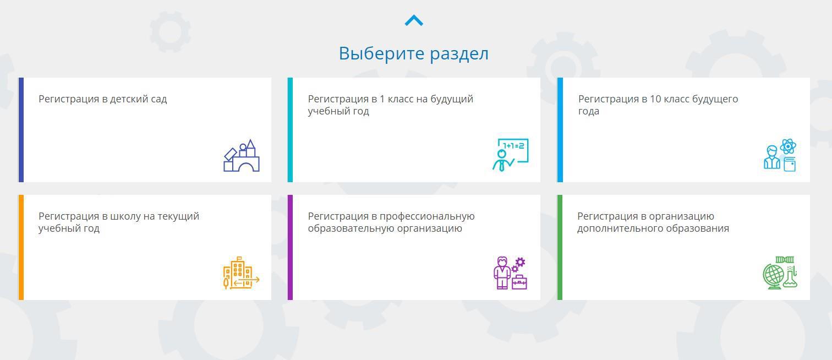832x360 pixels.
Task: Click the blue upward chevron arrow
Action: point(414,20)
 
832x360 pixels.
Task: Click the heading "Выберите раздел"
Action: point(413,53)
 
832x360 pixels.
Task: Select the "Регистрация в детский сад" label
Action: point(103,99)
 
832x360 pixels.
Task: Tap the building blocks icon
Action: point(242,155)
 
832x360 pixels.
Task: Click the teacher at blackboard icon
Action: point(510,155)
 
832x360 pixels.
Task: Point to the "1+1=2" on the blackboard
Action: point(513,146)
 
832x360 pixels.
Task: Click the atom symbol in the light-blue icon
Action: point(788,146)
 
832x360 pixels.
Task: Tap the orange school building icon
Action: point(241,272)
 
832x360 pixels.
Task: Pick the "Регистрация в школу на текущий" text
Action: point(119,216)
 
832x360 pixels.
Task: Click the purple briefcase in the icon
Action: point(519,282)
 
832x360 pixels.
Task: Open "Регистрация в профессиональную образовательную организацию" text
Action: point(391,222)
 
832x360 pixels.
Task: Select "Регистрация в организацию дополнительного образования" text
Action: point(653,222)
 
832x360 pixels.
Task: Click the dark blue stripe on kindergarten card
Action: point(21,130)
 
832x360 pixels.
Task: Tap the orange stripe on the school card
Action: point(21,247)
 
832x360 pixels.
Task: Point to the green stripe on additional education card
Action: point(560,247)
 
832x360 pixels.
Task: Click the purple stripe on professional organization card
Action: point(290,247)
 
